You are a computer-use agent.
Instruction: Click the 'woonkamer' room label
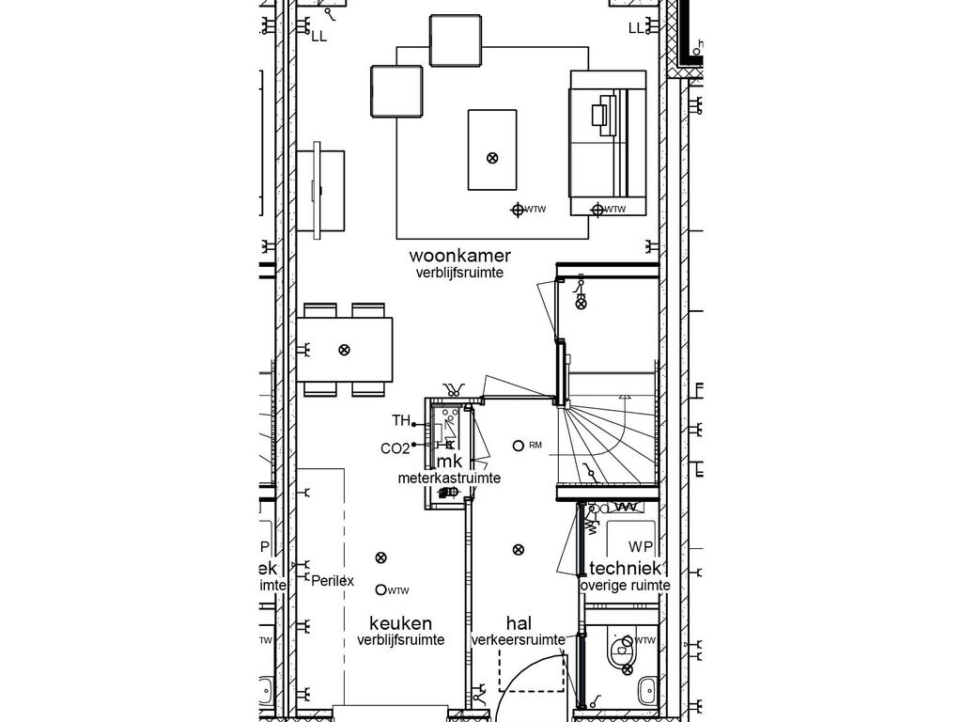459,256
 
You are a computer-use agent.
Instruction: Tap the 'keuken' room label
400,623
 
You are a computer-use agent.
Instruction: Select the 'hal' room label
519,623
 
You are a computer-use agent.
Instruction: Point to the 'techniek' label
627,569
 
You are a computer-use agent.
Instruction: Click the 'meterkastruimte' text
448,479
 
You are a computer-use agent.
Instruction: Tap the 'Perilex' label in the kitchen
333,581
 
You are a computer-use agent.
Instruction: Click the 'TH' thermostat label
401,420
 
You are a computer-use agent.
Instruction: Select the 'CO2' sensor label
395,448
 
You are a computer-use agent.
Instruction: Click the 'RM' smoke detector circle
518,445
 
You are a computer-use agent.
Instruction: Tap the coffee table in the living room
492,149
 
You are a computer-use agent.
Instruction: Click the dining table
345,350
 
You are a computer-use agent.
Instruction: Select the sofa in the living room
608,143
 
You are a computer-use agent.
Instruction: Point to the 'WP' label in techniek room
641,546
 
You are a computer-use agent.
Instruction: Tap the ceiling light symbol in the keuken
380,557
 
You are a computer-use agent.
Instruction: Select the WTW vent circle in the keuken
380,589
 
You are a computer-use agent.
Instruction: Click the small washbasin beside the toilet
646,691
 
